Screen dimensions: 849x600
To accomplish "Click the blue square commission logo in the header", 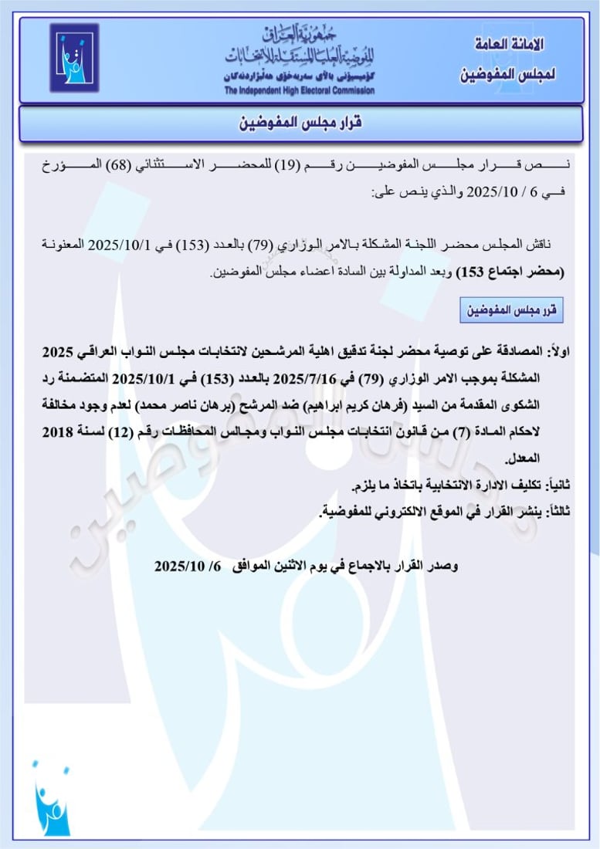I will click(x=74, y=57).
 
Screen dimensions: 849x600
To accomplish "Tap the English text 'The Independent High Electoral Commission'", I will click(x=300, y=91).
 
